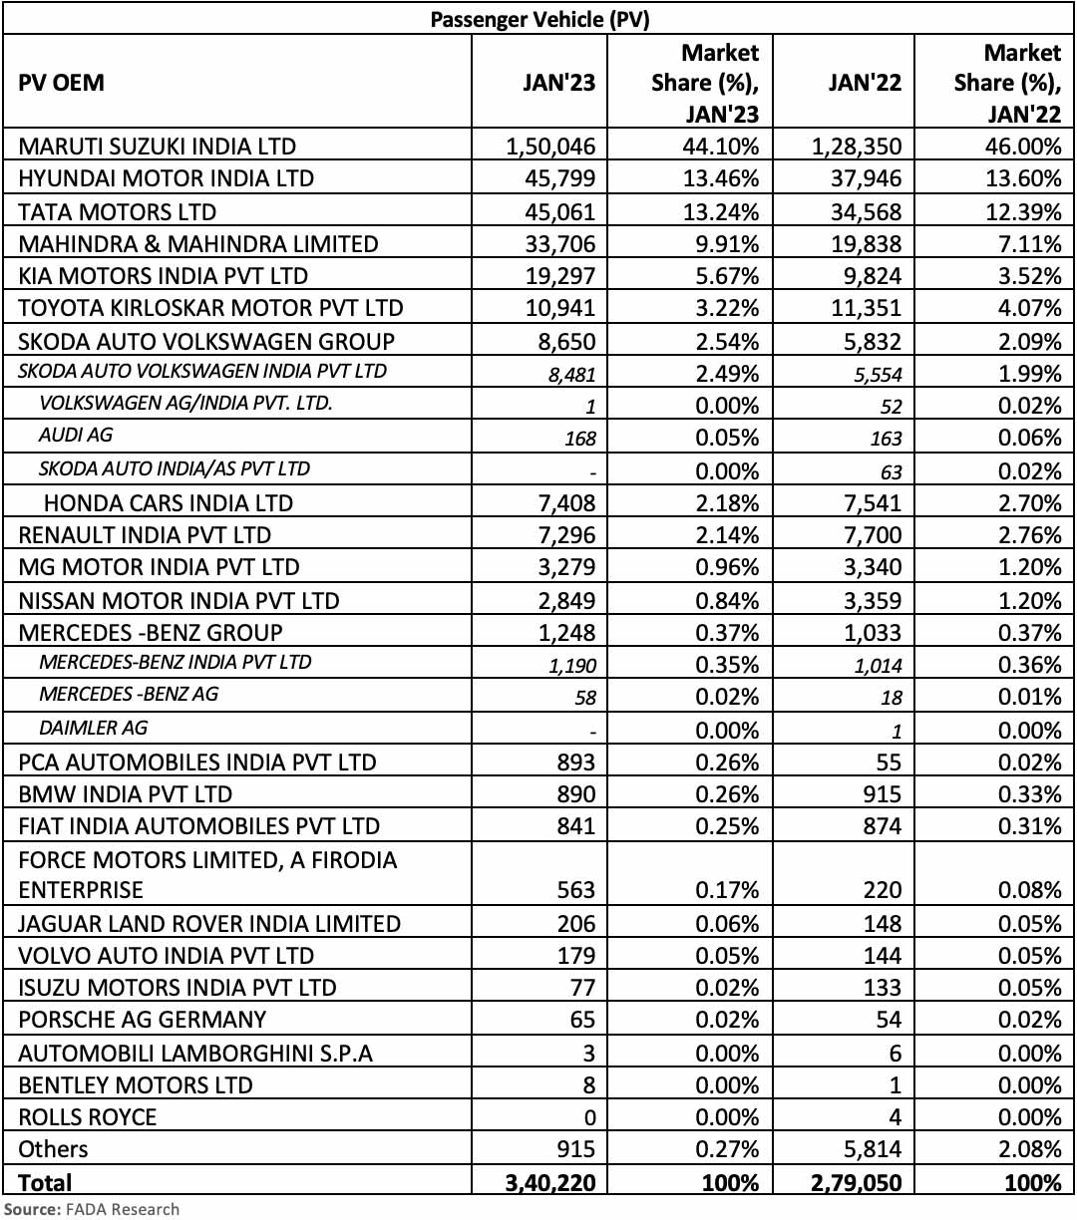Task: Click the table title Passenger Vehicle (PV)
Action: (539, 19)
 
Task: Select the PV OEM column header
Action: (61, 83)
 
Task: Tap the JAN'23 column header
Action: (558, 83)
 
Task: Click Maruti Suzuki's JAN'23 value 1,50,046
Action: (550, 147)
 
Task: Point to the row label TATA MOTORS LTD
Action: (117, 211)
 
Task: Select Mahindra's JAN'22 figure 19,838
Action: (864, 244)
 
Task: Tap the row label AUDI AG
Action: (76, 436)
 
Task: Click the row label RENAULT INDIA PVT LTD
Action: (145, 535)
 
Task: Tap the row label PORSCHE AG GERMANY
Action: (143, 1020)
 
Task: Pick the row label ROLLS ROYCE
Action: (88, 1116)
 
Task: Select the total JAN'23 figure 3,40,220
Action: (550, 1183)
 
